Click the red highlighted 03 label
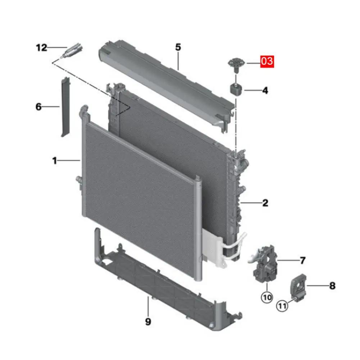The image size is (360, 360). [x=267, y=61]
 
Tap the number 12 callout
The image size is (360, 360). [x=42, y=48]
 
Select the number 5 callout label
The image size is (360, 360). [x=178, y=47]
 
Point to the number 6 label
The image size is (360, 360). [x=38, y=107]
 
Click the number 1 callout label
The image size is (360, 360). [x=54, y=161]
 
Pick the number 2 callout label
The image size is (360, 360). [x=265, y=203]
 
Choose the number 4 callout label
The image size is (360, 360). [x=265, y=91]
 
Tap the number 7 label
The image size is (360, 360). [x=303, y=260]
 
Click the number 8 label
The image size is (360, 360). [x=332, y=286]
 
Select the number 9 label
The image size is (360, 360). [x=148, y=322]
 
